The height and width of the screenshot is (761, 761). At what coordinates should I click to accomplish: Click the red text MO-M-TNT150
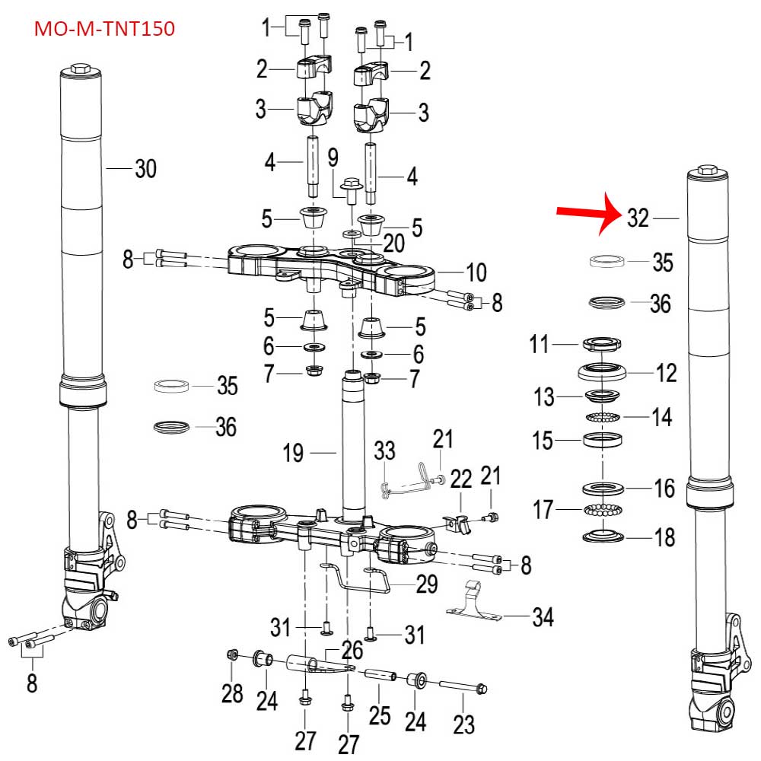pyautogui.click(x=105, y=30)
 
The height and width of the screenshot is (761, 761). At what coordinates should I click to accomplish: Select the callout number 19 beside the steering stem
pyautogui.click(x=293, y=454)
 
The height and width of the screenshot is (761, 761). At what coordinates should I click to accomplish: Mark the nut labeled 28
pyautogui.click(x=234, y=655)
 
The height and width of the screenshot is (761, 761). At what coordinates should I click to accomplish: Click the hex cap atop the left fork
pyautogui.click(x=81, y=73)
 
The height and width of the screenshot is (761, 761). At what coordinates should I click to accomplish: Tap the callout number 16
pyautogui.click(x=664, y=489)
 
